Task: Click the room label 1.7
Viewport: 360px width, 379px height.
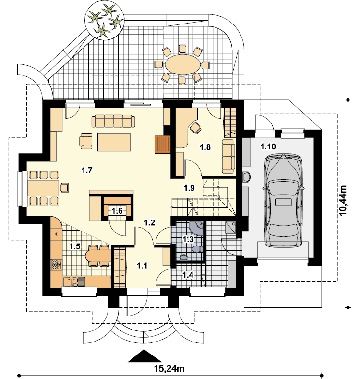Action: [87, 171]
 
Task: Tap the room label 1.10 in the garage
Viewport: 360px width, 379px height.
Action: [268, 147]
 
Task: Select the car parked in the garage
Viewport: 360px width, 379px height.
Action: [283, 200]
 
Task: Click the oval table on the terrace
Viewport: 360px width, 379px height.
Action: [183, 64]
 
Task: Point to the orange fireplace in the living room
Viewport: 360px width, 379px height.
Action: [163, 144]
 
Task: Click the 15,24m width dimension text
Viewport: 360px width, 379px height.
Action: [169, 368]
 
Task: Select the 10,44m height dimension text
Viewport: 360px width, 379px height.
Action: [343, 200]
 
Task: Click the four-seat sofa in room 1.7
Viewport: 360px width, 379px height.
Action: [113, 121]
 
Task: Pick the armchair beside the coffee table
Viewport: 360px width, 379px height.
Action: [86, 141]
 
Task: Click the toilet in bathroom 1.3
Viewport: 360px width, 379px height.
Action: [198, 248]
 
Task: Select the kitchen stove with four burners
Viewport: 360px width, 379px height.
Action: [57, 265]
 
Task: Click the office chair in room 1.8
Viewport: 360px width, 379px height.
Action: [196, 127]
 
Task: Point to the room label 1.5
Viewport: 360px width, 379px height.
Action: [75, 246]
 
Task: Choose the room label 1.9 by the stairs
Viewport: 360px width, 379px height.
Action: [189, 188]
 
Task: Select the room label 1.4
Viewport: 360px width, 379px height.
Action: [188, 275]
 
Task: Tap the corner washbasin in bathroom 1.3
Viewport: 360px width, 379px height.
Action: [197, 227]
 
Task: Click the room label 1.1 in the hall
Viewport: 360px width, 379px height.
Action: [142, 266]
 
